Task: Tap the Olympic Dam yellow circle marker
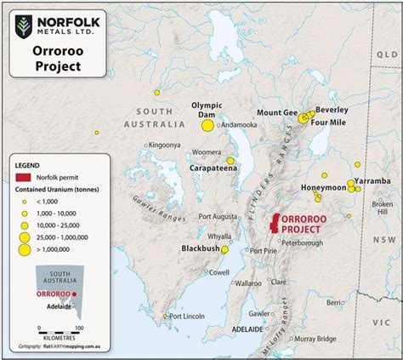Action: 207,126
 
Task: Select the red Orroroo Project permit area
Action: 274,224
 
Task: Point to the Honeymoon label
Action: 324,187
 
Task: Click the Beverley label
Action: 332,109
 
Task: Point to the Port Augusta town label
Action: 219,216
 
